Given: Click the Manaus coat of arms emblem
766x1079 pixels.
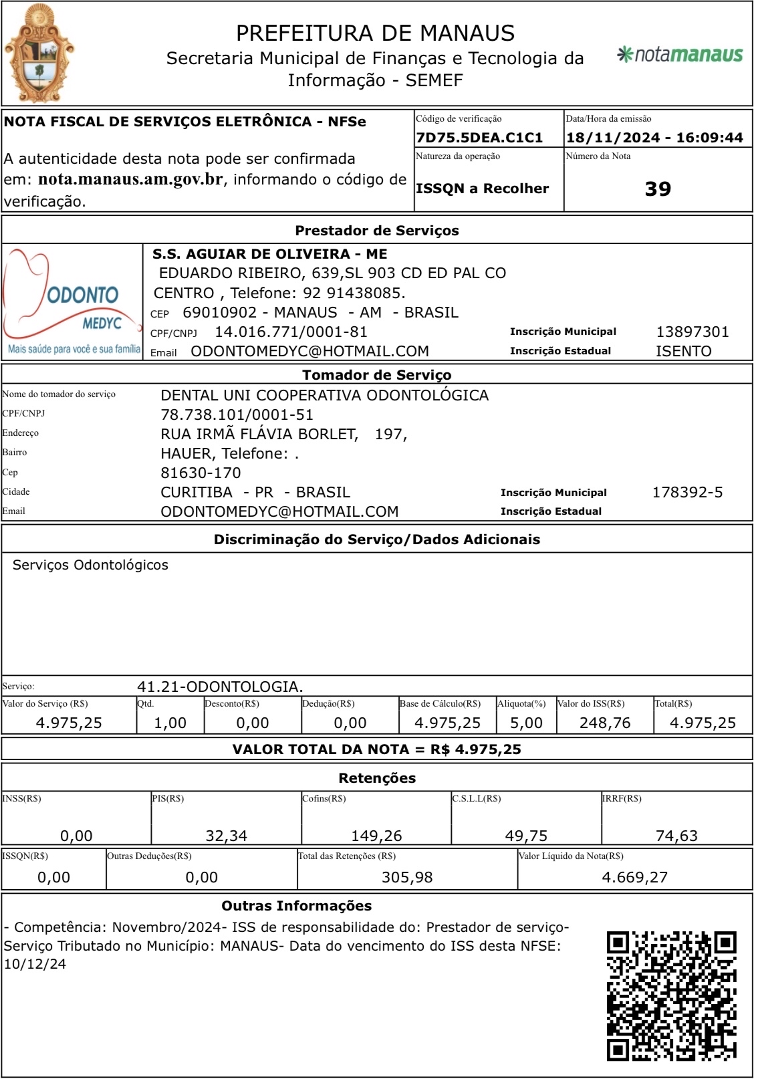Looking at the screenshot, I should (x=39, y=53).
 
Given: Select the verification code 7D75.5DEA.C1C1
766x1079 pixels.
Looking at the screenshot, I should (x=479, y=138).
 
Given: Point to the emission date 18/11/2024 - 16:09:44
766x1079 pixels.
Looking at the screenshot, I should (x=654, y=138).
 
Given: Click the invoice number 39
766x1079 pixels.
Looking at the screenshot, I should (x=658, y=189).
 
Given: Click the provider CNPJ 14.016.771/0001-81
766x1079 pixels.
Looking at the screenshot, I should (x=291, y=332).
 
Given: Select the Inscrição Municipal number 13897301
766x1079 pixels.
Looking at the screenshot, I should (x=692, y=332).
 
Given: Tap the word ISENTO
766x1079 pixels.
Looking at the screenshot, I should (x=683, y=351).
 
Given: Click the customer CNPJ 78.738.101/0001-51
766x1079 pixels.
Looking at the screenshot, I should (x=237, y=414).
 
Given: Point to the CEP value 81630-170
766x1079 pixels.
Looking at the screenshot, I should (x=201, y=473).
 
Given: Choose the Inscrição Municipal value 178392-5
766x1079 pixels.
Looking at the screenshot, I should (x=687, y=492).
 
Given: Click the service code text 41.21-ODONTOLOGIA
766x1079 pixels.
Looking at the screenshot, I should (x=220, y=687).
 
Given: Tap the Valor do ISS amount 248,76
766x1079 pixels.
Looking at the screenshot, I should (x=605, y=723).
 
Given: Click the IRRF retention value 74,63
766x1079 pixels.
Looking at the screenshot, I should (x=676, y=836).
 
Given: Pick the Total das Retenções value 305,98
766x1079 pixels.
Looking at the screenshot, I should (x=407, y=877).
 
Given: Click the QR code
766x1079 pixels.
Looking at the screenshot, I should (x=672, y=996).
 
